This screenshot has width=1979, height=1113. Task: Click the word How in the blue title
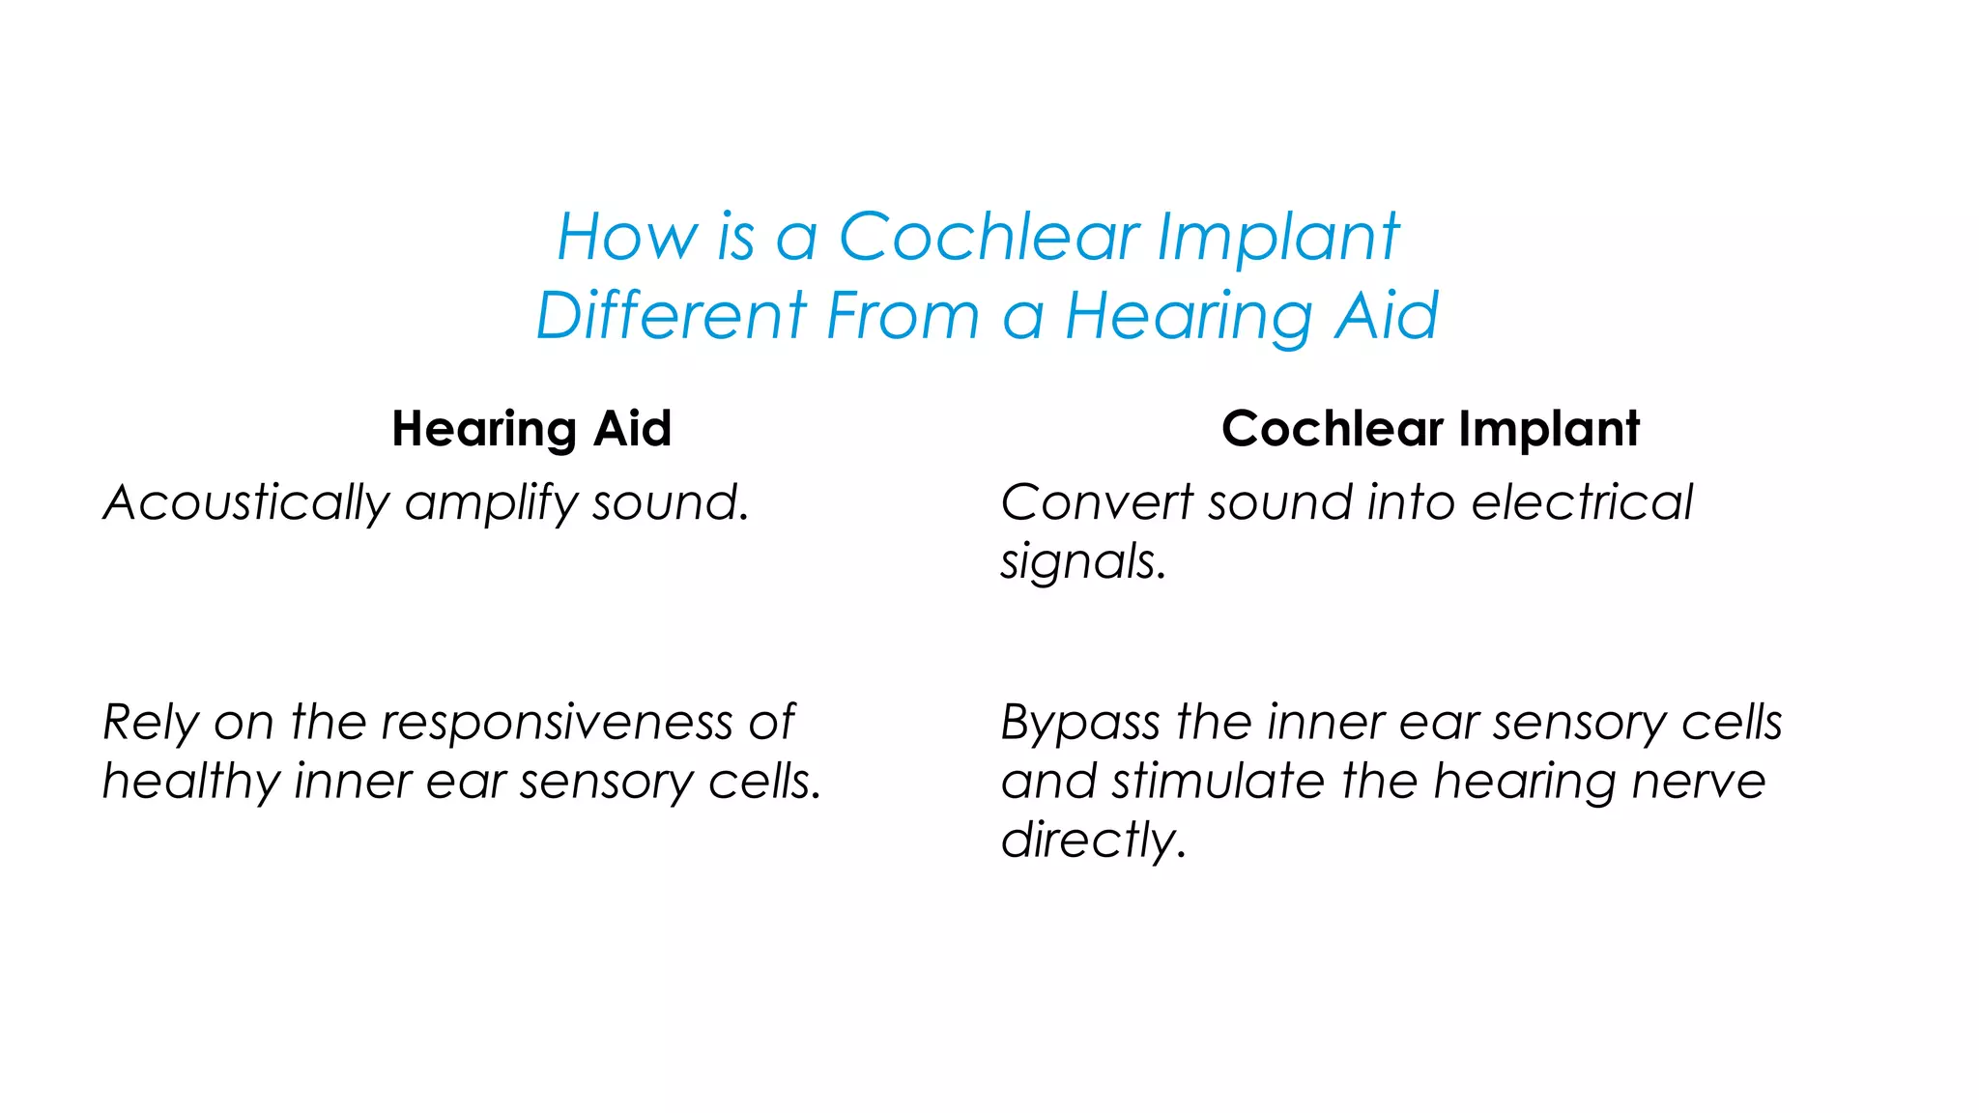(627, 237)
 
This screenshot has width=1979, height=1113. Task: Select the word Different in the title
(672, 316)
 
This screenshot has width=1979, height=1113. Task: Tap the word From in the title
(903, 316)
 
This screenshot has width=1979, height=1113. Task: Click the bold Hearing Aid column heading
(531, 428)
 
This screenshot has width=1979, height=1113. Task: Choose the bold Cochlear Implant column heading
(1430, 428)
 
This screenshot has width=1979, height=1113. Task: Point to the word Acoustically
(246, 503)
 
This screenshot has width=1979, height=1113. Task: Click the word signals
(1082, 562)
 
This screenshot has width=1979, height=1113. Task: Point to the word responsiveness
(558, 723)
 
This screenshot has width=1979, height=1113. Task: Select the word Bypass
(1079, 723)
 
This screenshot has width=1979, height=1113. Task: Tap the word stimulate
(1218, 782)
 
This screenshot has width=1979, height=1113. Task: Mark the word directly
(1092, 841)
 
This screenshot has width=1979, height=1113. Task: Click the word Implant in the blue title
(1277, 237)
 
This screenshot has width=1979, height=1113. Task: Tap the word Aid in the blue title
(1387, 316)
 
